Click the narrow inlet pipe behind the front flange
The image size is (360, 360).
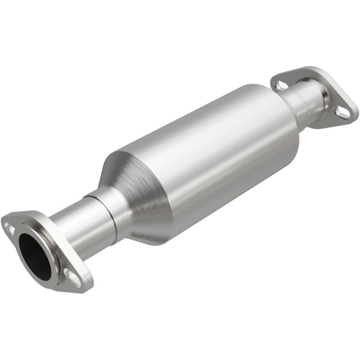point(72,229)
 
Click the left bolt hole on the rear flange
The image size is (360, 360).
point(280,85)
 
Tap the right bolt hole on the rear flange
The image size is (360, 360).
point(343,112)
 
